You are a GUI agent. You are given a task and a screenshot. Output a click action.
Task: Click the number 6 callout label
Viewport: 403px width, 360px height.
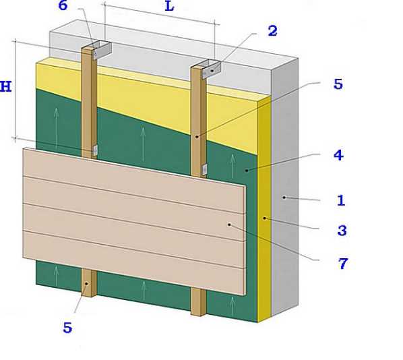[63, 5]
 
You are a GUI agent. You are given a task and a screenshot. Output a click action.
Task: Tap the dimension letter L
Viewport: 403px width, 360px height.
[169, 6]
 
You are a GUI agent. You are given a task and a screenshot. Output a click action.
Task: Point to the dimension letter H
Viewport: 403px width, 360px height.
[5, 86]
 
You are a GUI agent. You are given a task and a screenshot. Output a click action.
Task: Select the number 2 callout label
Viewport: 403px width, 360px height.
[273, 31]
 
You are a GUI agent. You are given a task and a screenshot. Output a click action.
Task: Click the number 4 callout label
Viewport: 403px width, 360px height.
[339, 155]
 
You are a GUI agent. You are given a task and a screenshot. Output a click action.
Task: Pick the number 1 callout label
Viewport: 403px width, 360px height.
[341, 200]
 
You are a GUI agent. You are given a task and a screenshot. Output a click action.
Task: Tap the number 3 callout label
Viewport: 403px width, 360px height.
[342, 231]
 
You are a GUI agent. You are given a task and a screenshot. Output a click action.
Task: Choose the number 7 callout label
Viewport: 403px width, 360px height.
[343, 264]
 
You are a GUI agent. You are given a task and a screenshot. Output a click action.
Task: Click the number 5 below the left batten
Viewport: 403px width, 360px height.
[67, 328]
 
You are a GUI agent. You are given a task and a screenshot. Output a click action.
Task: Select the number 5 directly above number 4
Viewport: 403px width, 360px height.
[338, 84]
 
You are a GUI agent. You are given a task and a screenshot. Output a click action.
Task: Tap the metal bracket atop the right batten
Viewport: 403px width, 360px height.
[211, 68]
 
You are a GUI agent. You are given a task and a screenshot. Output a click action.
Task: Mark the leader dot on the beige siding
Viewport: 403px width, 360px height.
[229, 224]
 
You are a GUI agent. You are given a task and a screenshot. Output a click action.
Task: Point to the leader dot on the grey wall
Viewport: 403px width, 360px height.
[284, 198]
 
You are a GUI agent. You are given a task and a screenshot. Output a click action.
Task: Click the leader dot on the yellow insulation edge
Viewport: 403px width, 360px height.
[264, 218]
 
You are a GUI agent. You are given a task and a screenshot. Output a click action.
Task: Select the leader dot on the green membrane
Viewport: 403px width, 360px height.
[247, 171]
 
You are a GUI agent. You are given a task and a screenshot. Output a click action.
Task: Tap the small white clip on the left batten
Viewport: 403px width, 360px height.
[95, 150]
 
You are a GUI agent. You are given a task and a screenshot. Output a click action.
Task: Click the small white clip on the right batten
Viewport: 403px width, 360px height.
[205, 169]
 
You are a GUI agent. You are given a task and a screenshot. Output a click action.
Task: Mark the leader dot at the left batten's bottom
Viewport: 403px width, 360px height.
[87, 283]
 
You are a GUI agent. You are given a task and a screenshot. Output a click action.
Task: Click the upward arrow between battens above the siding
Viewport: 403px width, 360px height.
[143, 143]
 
